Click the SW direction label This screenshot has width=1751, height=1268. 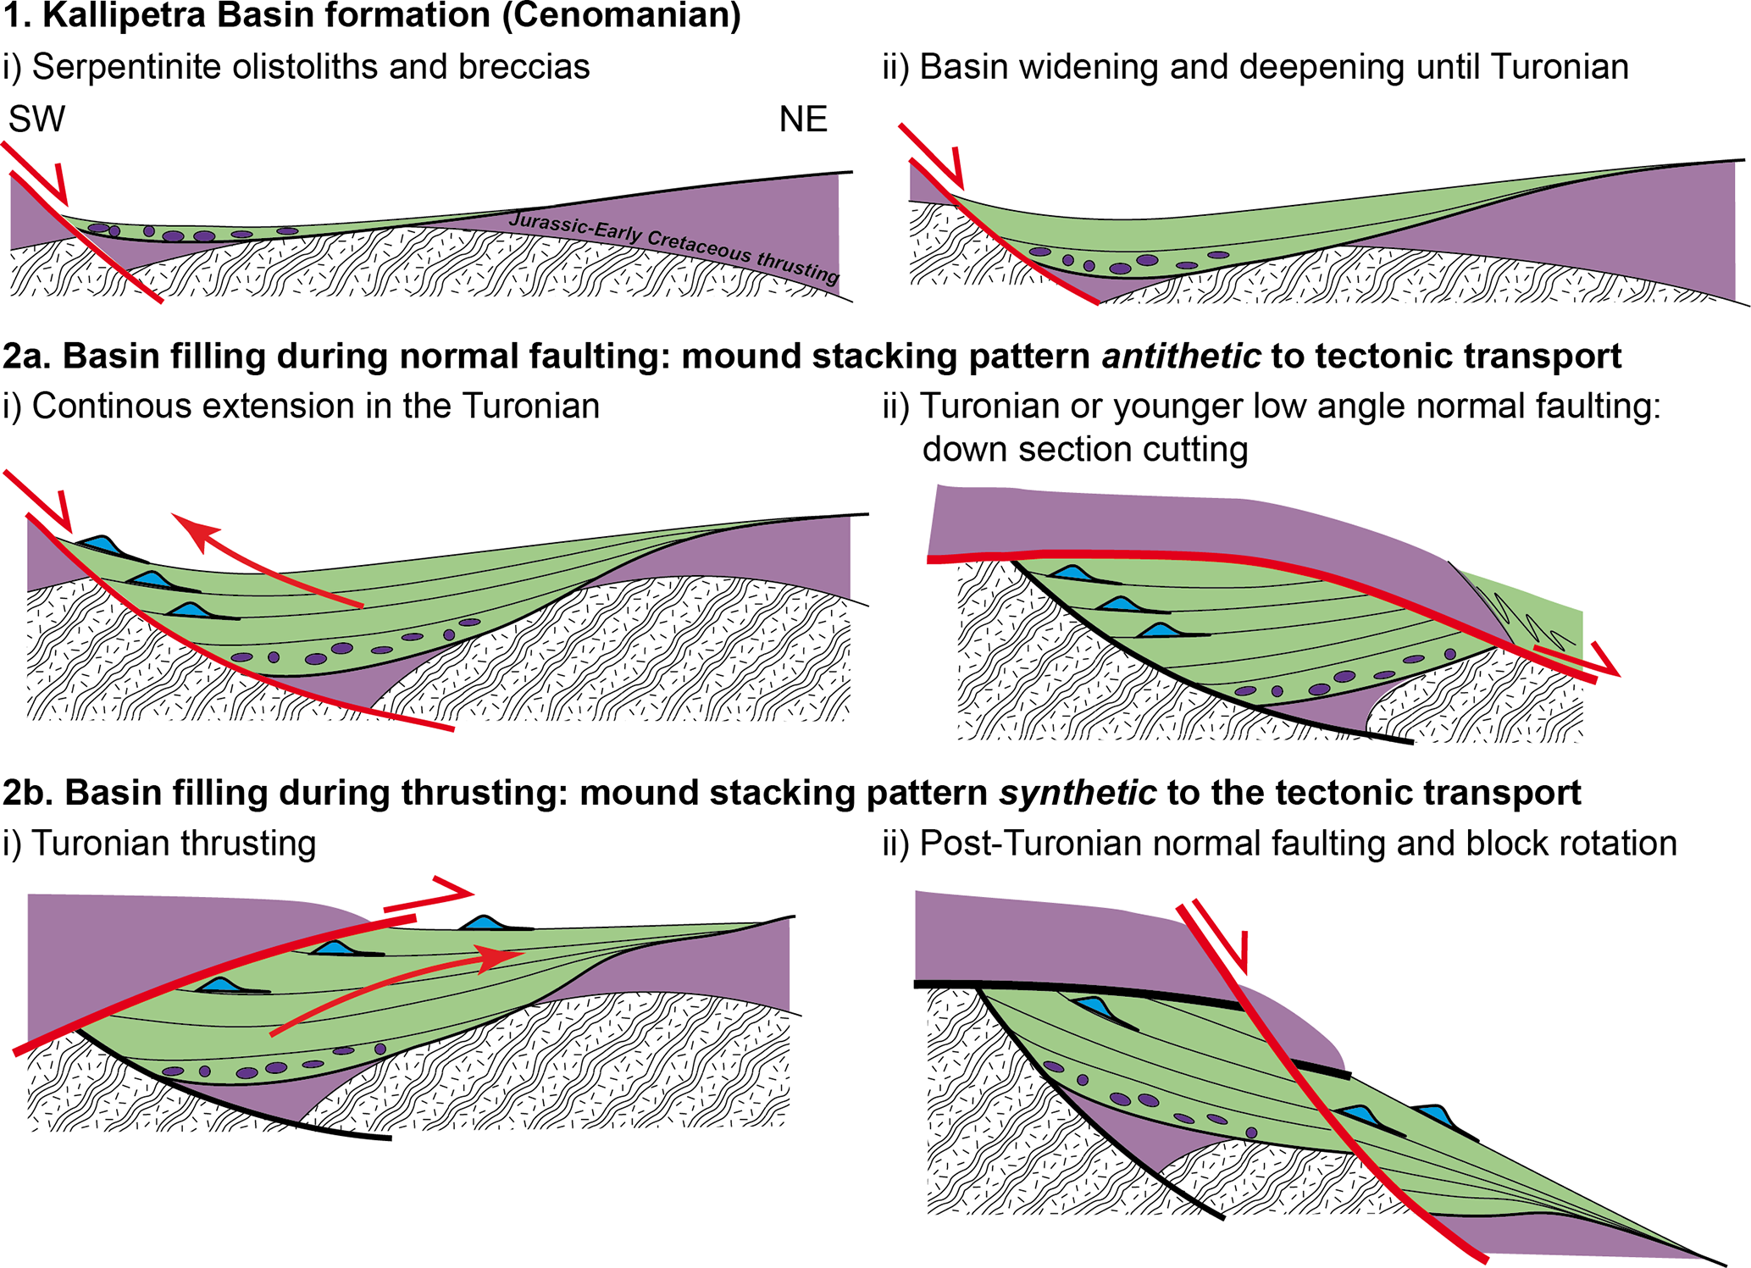pyautogui.click(x=36, y=119)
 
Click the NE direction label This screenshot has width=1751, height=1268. pyautogui.click(x=802, y=119)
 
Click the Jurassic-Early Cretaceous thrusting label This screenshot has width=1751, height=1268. pyautogui.click(x=673, y=246)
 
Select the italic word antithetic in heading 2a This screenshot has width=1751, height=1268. pyautogui.click(x=1181, y=357)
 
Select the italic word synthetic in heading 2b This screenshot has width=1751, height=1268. pyautogui.click(x=1077, y=793)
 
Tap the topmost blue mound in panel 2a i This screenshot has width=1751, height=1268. pyautogui.click(x=99, y=543)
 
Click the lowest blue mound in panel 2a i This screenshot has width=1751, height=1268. pyautogui.click(x=190, y=610)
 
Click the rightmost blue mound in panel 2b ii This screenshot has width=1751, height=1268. pyautogui.click(x=1433, y=1113)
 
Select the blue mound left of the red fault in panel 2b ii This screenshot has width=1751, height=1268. pyautogui.click(x=1094, y=1007)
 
